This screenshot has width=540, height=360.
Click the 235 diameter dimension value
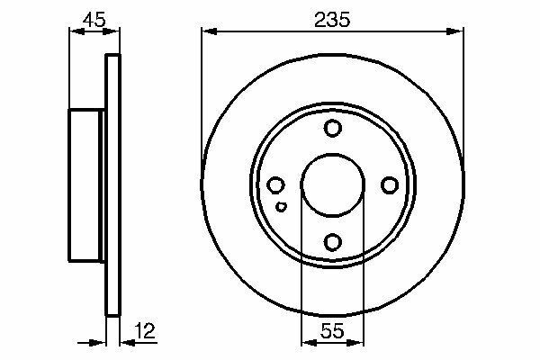(x=332, y=20)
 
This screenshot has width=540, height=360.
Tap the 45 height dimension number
(x=94, y=20)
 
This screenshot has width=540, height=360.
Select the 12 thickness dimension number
(x=145, y=330)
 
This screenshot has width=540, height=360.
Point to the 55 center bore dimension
(x=332, y=330)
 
